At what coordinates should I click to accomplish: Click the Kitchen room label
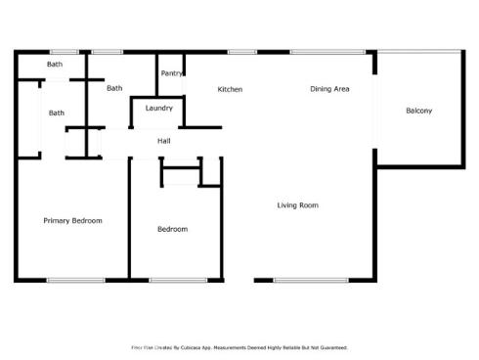coord(230,90)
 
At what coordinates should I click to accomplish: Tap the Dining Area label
coord(330,89)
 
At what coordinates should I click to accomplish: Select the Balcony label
coord(418,111)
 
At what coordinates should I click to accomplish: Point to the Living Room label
coord(298,205)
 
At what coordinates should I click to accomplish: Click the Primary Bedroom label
coord(73,221)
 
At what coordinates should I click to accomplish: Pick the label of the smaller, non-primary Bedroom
coord(173,229)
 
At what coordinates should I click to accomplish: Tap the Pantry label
coord(172,72)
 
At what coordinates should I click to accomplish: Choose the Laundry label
coord(159,108)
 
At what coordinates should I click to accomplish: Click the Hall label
coord(165,142)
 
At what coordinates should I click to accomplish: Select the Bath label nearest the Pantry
coord(115,88)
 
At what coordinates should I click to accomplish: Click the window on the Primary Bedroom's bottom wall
coord(75,281)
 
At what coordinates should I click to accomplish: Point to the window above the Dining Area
coord(327,52)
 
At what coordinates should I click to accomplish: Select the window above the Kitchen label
coord(241,52)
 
